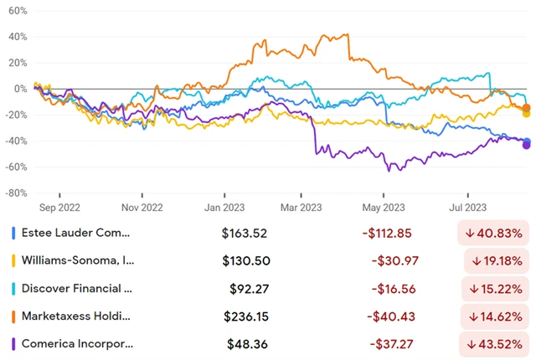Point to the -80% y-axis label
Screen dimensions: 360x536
coord(17,193)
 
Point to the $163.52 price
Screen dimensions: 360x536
coord(246,232)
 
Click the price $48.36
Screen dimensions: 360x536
coord(250,344)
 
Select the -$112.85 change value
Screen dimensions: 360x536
coord(393,232)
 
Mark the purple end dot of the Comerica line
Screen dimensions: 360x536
coord(526,145)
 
